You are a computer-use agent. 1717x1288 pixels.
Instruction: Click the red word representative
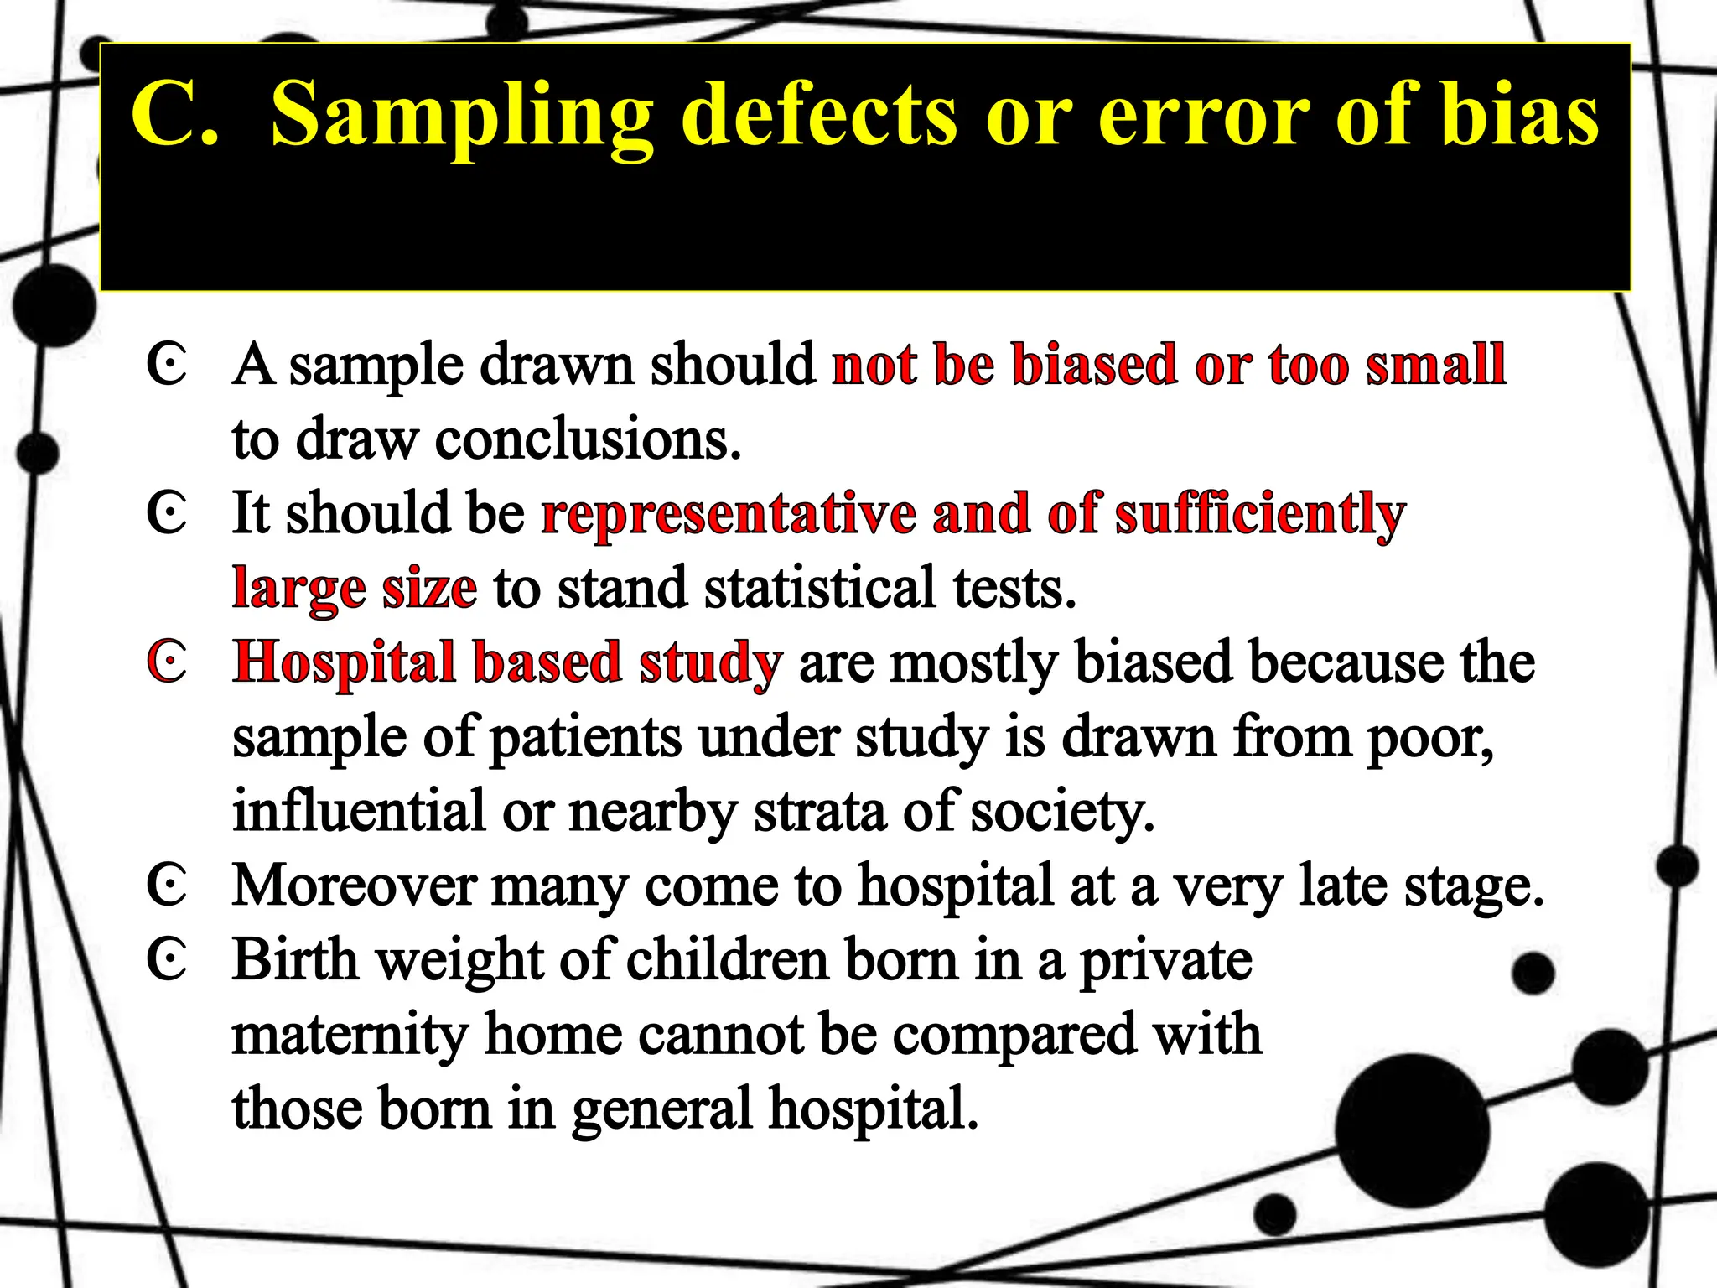[x=729, y=513]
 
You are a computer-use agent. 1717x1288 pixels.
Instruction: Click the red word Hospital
[x=344, y=662]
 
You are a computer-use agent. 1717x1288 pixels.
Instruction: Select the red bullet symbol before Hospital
[x=167, y=662]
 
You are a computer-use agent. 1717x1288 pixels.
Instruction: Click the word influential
[x=359, y=811]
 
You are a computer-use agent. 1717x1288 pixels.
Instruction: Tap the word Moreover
[x=353, y=885]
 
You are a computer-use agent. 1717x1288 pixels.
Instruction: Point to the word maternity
[x=350, y=1034]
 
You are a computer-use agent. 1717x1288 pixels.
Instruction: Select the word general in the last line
[x=662, y=1109]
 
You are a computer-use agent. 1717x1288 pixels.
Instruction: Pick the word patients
[x=585, y=737]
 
